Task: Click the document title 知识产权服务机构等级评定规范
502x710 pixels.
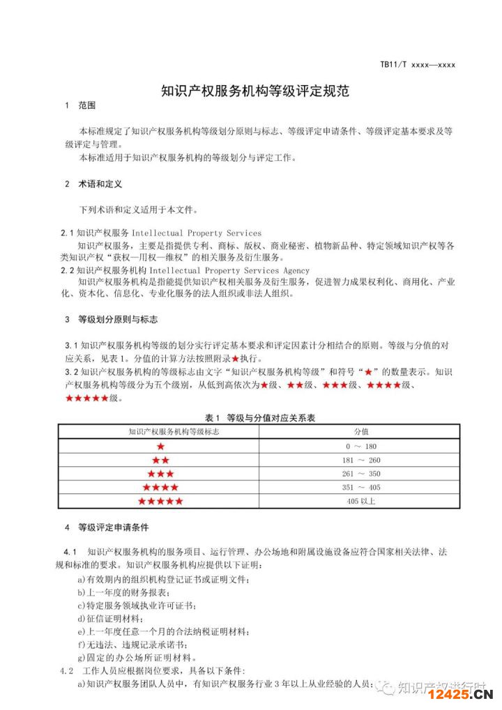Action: [254, 91]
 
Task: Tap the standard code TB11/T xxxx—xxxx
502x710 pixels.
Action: [417, 65]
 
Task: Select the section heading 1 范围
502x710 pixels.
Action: [79, 107]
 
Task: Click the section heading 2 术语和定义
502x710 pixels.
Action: [93, 185]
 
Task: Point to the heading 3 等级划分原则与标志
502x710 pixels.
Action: [111, 320]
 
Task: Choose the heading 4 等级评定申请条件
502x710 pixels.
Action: [107, 527]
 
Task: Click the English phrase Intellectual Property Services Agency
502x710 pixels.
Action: [229, 270]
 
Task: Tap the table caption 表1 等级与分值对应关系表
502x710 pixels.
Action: [259, 417]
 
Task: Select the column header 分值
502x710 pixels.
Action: [361, 431]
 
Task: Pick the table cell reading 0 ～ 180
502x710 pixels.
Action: [361, 446]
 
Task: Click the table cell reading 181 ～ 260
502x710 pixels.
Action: [361, 460]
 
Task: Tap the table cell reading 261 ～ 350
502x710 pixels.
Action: [361, 474]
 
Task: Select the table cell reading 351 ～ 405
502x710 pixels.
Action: [361, 487]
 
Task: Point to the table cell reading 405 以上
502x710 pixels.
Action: [361, 501]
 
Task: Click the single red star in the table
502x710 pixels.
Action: [160, 446]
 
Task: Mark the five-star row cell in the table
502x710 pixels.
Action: [160, 501]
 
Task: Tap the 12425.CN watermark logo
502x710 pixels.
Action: [460, 695]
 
